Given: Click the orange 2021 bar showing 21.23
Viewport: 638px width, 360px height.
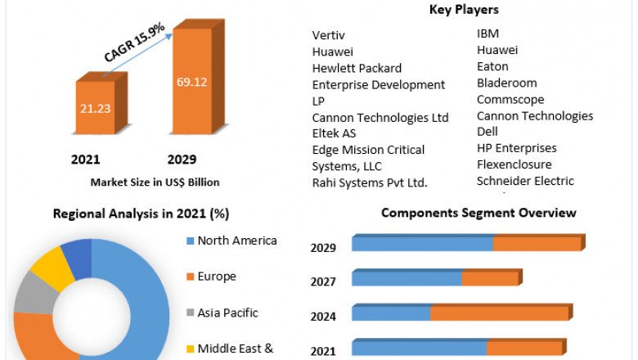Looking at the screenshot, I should click(x=95, y=106).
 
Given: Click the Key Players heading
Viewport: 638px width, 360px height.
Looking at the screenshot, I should click(x=464, y=10).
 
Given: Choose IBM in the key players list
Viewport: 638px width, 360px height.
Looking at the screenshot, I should click(x=487, y=34).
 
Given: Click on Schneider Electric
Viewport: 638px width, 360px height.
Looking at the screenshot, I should click(x=525, y=181).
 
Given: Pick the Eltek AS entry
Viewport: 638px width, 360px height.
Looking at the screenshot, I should click(x=334, y=133).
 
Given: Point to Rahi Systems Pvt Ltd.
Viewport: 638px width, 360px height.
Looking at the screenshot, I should click(x=370, y=182).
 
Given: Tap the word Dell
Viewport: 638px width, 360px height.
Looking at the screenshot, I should click(x=488, y=132).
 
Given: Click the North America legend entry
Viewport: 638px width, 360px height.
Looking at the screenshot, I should click(x=237, y=241).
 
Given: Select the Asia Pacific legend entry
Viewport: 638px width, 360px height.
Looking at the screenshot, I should click(x=227, y=313).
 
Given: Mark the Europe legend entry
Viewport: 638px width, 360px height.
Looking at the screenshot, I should click(x=216, y=277).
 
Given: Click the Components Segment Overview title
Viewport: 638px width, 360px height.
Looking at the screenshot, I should click(x=478, y=213).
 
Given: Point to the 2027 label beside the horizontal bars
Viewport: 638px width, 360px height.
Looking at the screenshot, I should click(x=323, y=281).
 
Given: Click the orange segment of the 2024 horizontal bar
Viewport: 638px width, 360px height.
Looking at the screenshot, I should click(x=499, y=313).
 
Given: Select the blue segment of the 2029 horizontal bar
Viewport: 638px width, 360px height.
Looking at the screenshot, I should click(x=422, y=244).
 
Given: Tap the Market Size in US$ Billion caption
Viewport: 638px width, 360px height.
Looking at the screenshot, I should click(x=155, y=182).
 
